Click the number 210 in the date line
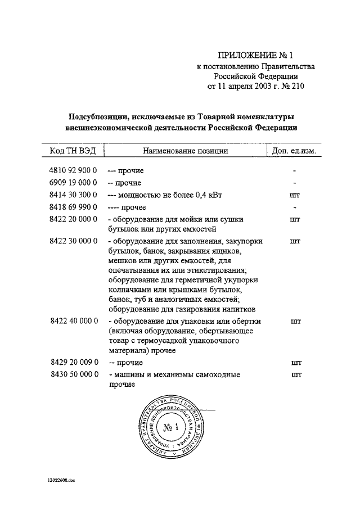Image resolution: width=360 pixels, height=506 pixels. pos(296,87)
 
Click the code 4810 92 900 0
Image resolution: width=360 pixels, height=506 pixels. pos(74,170)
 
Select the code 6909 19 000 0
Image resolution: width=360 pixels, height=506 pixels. pos(74,183)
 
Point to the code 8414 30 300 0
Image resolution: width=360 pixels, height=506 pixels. pos(74,195)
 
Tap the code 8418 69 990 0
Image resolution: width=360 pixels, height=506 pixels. pos(74,207)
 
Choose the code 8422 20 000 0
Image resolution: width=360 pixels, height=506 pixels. pos(74,219)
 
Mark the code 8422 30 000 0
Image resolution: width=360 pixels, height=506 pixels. pos(74,241)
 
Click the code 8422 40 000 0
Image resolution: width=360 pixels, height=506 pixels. pos(74,321)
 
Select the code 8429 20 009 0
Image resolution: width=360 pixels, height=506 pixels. pos(74,363)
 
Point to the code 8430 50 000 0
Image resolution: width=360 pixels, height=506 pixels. pos(74,374)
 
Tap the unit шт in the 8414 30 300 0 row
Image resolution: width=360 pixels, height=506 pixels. pos(294,195)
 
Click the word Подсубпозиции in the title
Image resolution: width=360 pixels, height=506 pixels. pos(97,117)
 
